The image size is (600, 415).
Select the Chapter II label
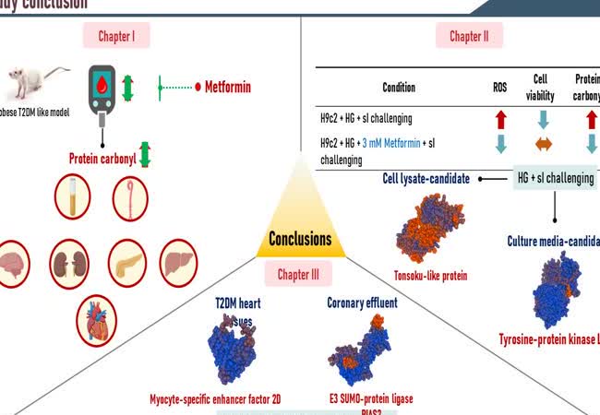coord(475,36)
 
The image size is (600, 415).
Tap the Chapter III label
coord(299,274)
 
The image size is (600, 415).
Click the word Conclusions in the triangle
coord(300,240)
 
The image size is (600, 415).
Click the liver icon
coord(177,262)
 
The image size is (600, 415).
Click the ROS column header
coord(500,88)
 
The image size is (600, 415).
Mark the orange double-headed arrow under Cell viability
coord(543,143)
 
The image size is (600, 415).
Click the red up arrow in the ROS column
coord(500,118)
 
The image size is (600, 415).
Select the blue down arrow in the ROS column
coord(500,143)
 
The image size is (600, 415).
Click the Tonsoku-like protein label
coord(430,275)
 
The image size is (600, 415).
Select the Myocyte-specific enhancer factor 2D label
coord(228,399)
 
